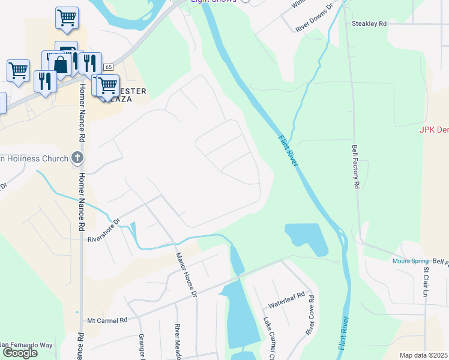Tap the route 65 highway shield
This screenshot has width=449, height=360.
click(108, 67)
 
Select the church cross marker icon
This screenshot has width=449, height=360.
click(77, 158)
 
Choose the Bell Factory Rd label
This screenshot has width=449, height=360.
click(355, 167)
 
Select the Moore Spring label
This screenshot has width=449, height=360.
click(411, 261)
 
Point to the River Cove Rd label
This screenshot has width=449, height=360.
click(310, 315)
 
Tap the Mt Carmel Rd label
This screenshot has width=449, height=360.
click(108, 320)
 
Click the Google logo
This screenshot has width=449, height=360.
click(20, 353)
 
